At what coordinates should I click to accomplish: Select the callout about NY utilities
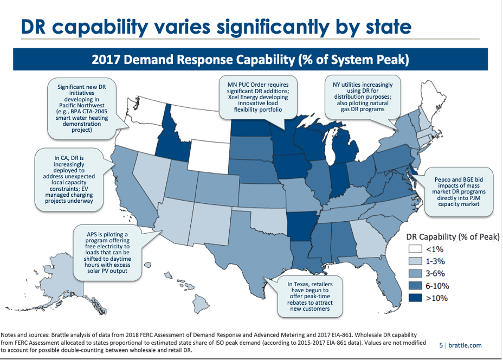point(363,97)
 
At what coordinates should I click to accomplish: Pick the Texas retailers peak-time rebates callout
point(310,296)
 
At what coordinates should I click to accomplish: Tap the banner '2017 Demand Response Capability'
point(250,59)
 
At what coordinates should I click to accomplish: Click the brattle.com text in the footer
point(464,345)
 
